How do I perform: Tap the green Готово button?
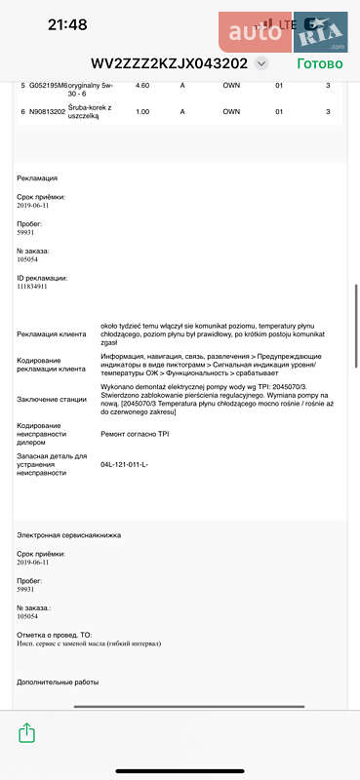click(x=319, y=63)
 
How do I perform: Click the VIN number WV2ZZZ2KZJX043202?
click(x=169, y=63)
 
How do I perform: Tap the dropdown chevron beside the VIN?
click(x=260, y=63)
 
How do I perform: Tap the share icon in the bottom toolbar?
click(x=27, y=731)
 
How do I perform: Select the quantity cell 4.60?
click(x=142, y=86)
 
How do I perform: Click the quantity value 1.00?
click(x=142, y=111)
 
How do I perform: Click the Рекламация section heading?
click(x=37, y=178)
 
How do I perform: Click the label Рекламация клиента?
click(x=52, y=334)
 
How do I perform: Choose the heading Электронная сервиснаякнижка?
click(x=63, y=535)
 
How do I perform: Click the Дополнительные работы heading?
click(x=58, y=682)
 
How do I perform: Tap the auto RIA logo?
click(x=282, y=33)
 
